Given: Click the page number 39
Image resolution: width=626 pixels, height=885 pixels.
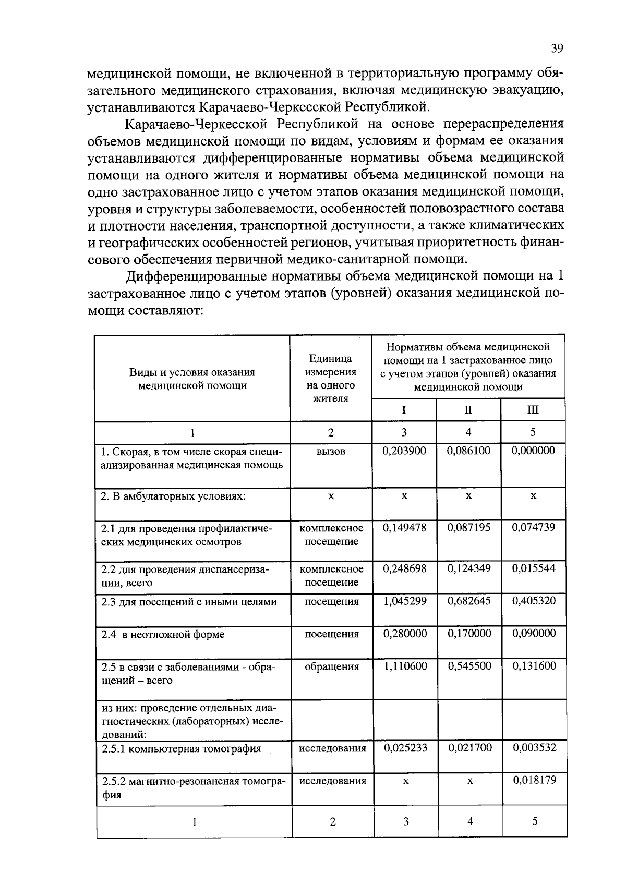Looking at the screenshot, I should [557, 49].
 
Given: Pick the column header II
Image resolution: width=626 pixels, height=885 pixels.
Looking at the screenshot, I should [468, 410].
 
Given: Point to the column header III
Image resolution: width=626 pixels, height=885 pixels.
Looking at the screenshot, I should [533, 410].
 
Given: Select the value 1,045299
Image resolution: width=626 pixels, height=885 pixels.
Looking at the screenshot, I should [405, 601].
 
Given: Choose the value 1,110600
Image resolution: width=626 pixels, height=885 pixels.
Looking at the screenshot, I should [405, 666].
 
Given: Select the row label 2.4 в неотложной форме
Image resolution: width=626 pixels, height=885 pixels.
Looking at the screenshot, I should [163, 634].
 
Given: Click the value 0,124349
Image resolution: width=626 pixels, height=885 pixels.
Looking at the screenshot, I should [469, 568].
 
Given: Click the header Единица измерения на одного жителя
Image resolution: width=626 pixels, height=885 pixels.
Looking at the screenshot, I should [331, 379].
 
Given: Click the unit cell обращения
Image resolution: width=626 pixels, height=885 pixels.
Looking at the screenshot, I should [332, 666].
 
